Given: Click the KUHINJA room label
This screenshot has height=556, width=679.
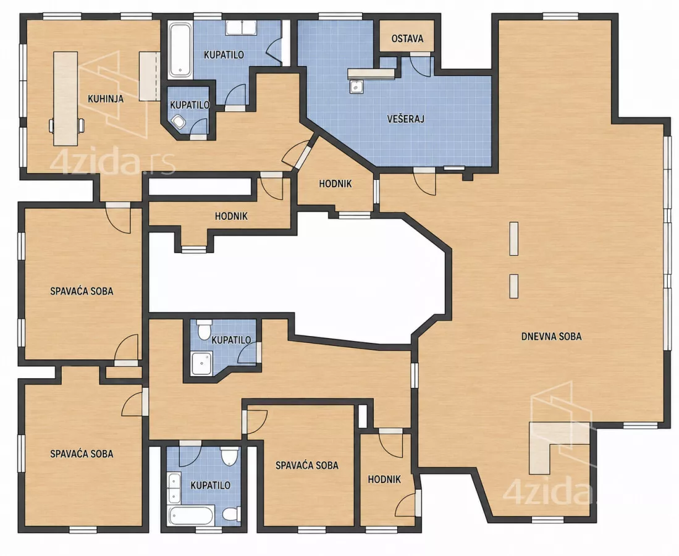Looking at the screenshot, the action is click(x=106, y=99).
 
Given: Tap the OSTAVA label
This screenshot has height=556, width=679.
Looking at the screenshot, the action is click(x=407, y=38).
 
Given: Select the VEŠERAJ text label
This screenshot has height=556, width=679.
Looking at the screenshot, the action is click(x=406, y=119).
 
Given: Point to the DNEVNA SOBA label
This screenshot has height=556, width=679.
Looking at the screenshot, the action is click(x=551, y=336).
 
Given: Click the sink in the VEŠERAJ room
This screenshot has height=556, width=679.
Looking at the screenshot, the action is click(x=356, y=86).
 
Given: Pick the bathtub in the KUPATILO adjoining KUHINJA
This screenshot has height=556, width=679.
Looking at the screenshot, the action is click(x=180, y=50).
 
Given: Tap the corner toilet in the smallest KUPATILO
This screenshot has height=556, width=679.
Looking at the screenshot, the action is click(x=178, y=122).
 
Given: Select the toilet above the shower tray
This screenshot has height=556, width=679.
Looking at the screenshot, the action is click(x=204, y=329).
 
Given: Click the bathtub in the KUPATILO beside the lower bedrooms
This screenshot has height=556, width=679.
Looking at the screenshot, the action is click(x=190, y=515).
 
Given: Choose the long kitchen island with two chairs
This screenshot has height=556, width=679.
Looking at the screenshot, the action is click(x=66, y=99).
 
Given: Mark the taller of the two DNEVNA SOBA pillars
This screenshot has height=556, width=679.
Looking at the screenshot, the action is click(x=514, y=238).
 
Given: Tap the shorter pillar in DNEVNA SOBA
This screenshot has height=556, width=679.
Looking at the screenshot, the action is click(x=514, y=286).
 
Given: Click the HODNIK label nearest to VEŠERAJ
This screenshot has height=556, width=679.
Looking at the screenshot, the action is click(x=335, y=183).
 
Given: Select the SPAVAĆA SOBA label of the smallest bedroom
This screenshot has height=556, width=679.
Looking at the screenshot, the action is click(x=307, y=466).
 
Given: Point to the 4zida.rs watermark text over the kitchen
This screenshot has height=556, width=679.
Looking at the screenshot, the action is click(x=112, y=163).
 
